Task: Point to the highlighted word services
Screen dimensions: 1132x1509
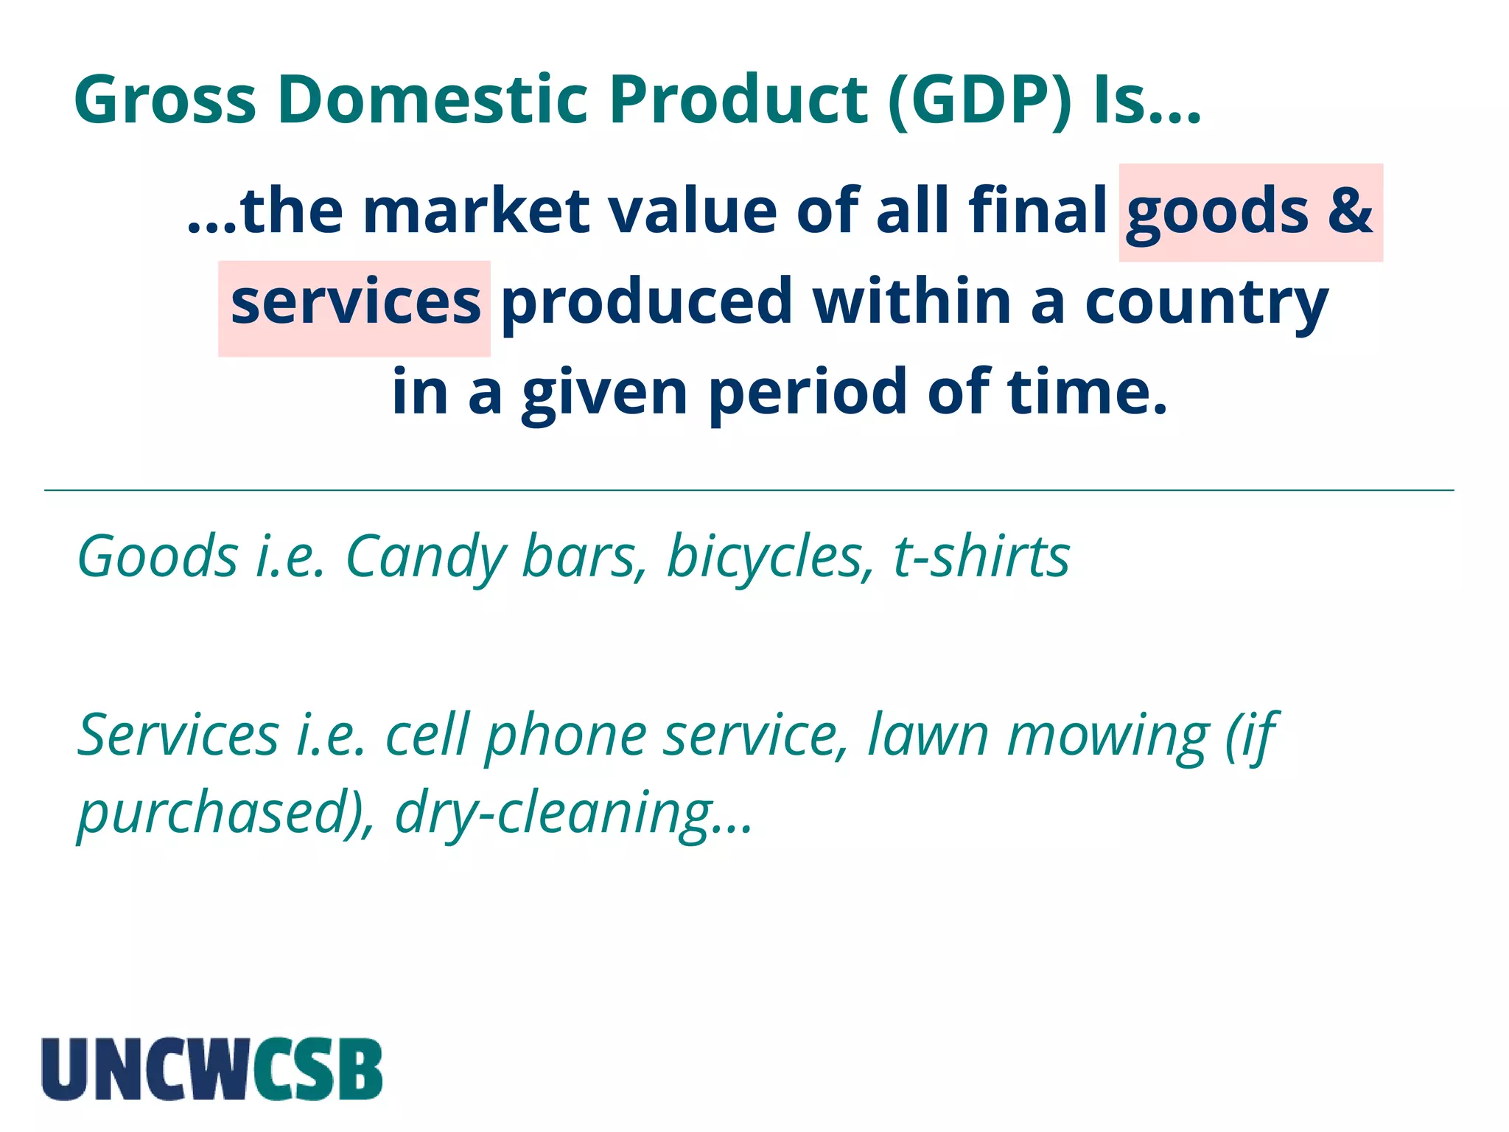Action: click(x=355, y=304)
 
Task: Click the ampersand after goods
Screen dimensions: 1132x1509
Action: click(x=1350, y=212)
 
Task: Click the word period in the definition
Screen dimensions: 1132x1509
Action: click(x=808, y=394)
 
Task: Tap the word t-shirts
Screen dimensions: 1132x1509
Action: click(x=981, y=556)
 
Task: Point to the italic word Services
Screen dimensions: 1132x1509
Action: click(x=178, y=736)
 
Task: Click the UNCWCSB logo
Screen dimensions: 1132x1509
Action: click(x=212, y=1069)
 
